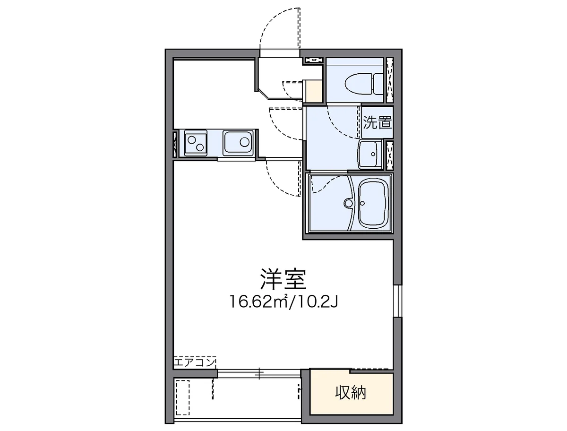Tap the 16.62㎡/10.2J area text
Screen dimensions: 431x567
point(283,301)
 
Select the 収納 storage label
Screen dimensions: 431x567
point(351,392)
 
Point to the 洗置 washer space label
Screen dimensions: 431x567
point(378,123)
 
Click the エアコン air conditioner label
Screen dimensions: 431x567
point(194,362)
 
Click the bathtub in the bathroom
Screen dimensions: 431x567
point(373,203)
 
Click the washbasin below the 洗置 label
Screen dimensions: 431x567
point(370,154)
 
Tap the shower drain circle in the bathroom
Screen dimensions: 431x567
point(349,203)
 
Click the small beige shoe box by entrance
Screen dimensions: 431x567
point(313,91)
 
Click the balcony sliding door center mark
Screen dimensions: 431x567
point(259,373)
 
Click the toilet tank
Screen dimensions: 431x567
point(378,84)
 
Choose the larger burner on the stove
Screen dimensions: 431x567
point(193,140)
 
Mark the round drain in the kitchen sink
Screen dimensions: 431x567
point(245,141)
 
